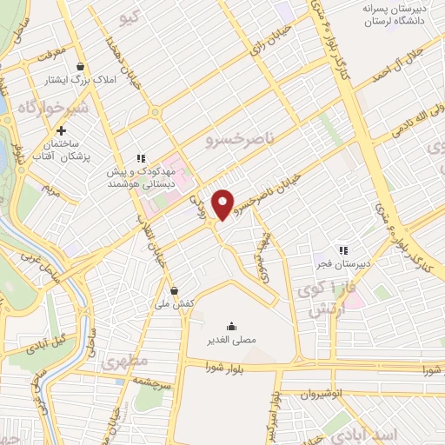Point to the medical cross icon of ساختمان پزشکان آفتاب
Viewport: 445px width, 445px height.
[61, 130]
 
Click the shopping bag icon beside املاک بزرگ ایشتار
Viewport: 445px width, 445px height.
[80, 67]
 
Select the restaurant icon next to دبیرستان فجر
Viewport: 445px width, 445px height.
[343, 249]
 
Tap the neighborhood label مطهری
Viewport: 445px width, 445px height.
[125, 360]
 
